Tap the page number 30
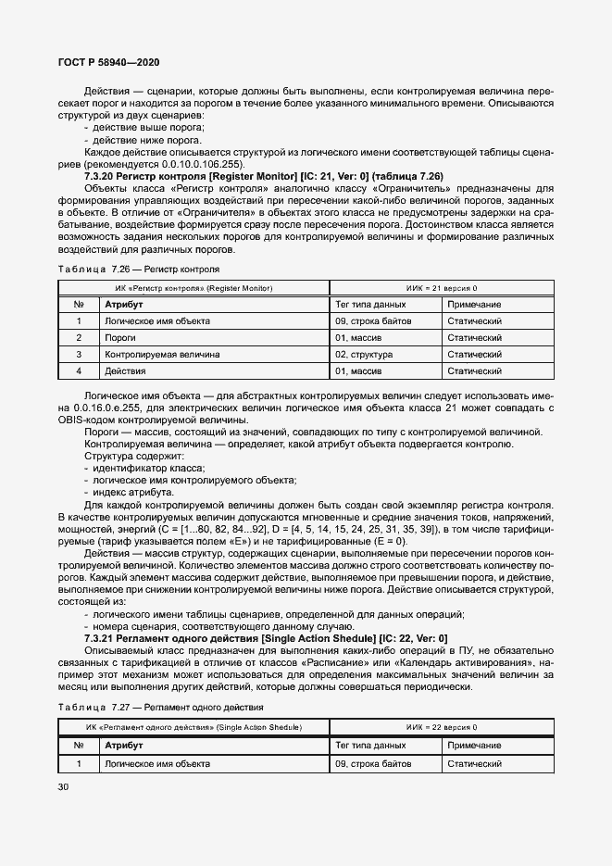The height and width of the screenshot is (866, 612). tap(64, 787)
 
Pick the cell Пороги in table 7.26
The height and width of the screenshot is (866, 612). tap(121, 338)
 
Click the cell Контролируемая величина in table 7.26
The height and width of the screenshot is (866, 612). tap(162, 355)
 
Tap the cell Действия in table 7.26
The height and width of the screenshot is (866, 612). tap(126, 371)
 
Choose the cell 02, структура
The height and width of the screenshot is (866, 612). tap(364, 355)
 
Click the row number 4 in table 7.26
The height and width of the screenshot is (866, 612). tap(80, 371)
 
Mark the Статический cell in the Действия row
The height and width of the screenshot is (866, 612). tap(474, 371)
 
